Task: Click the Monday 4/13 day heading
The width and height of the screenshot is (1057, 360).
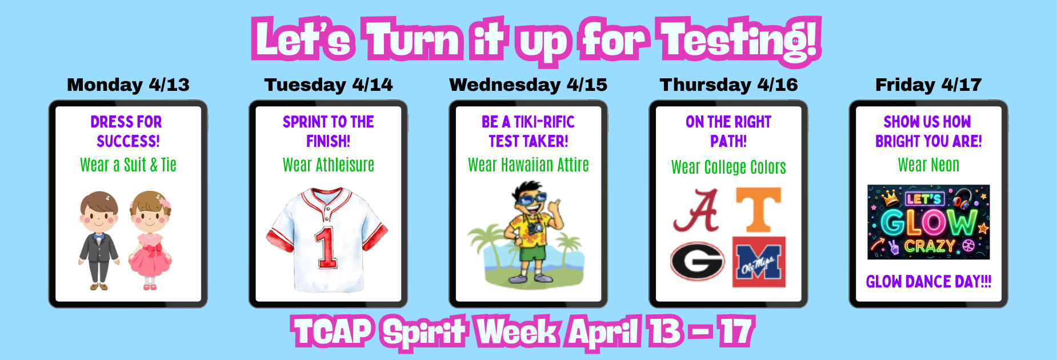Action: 128,85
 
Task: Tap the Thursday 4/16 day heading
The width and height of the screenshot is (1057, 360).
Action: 728,85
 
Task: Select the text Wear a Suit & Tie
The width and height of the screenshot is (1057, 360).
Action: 128,165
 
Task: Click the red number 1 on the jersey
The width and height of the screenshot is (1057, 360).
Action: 326,247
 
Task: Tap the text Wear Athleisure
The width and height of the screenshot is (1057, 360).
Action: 329,165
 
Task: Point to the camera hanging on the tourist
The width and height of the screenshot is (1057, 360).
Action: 535,228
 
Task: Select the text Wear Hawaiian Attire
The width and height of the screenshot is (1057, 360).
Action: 528,165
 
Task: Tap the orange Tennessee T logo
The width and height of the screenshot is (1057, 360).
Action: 758,210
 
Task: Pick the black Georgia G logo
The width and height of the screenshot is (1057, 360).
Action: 697,261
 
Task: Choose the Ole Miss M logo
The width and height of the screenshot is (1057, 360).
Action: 759,262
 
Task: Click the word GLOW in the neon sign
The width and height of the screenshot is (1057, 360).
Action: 928,222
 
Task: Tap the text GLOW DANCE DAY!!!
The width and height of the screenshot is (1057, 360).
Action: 928,282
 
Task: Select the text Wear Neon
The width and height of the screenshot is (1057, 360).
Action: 928,165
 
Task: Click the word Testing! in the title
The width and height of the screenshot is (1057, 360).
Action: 740,40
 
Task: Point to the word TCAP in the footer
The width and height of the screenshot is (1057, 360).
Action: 333,331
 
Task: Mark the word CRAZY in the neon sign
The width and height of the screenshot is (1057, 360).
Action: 930,246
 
